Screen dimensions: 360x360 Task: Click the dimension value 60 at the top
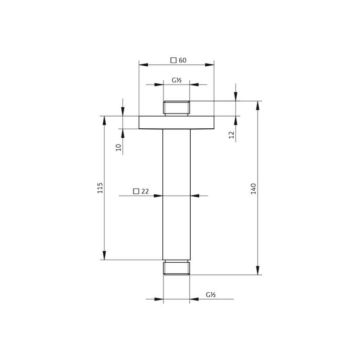click(x=183, y=60)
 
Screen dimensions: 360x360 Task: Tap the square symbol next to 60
click(x=173, y=60)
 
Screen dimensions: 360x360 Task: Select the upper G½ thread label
click(x=177, y=80)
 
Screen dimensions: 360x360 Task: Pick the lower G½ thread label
click(x=212, y=295)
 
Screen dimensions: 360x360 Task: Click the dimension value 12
click(x=231, y=135)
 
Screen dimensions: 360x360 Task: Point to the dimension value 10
click(x=119, y=148)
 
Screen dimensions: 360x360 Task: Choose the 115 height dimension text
click(x=100, y=188)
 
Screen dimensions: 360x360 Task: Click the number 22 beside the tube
click(x=146, y=191)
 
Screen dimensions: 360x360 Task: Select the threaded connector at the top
click(x=177, y=108)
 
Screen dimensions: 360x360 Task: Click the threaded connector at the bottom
click(x=177, y=268)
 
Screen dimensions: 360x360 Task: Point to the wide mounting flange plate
click(x=177, y=122)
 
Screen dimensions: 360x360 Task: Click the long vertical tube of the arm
click(x=177, y=194)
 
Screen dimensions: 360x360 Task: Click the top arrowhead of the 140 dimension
click(x=258, y=104)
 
